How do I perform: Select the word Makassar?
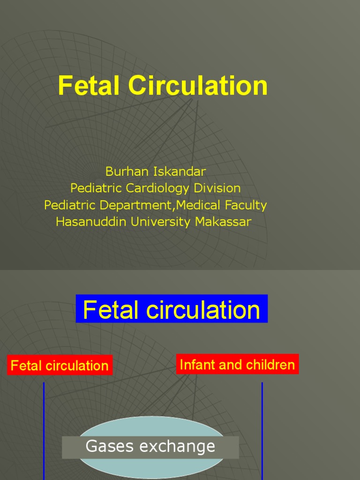tap(223, 222)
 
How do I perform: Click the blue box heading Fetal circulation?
tap(172, 309)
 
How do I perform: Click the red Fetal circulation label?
tap(60, 366)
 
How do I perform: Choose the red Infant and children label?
tap(237, 364)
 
